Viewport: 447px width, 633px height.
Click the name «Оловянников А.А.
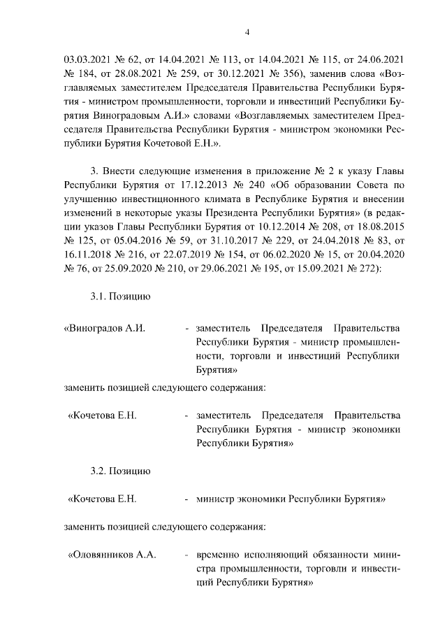click(x=110, y=554)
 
